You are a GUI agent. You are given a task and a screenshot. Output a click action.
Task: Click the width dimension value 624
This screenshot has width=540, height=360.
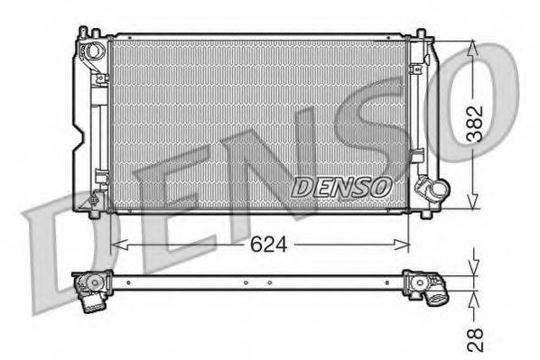(269, 244)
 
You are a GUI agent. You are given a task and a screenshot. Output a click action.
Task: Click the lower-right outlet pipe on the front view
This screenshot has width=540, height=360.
(432, 190)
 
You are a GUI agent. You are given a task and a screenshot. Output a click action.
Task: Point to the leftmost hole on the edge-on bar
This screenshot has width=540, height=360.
(127, 283)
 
